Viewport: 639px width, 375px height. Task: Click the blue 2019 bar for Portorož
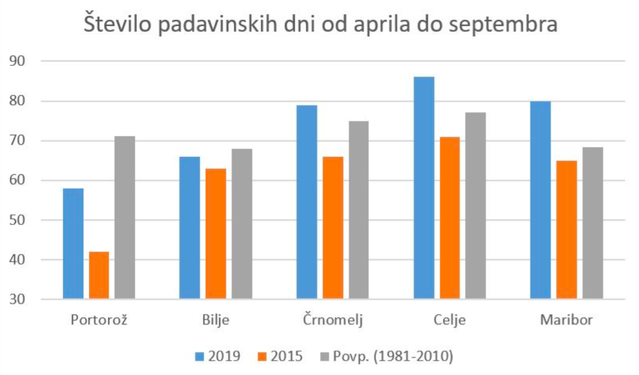pyautogui.click(x=73, y=244)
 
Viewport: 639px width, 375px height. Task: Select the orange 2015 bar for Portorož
pyautogui.click(x=99, y=275)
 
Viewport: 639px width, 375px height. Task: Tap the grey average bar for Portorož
pyautogui.click(x=125, y=218)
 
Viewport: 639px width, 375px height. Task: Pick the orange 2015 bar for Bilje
pyautogui.click(x=216, y=234)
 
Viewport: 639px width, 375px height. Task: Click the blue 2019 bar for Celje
pyautogui.click(x=424, y=188)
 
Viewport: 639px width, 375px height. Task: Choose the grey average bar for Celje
pyautogui.click(x=476, y=206)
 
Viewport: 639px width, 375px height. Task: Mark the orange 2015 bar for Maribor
pyautogui.click(x=567, y=230)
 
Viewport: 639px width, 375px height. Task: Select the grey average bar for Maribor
pyautogui.click(x=593, y=223)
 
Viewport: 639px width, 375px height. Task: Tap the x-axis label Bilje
pyautogui.click(x=215, y=320)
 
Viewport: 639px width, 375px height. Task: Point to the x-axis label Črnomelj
pyautogui.click(x=333, y=320)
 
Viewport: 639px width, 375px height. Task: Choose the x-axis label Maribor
pyautogui.click(x=566, y=320)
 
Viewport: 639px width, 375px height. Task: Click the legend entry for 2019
pyautogui.click(x=218, y=355)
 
